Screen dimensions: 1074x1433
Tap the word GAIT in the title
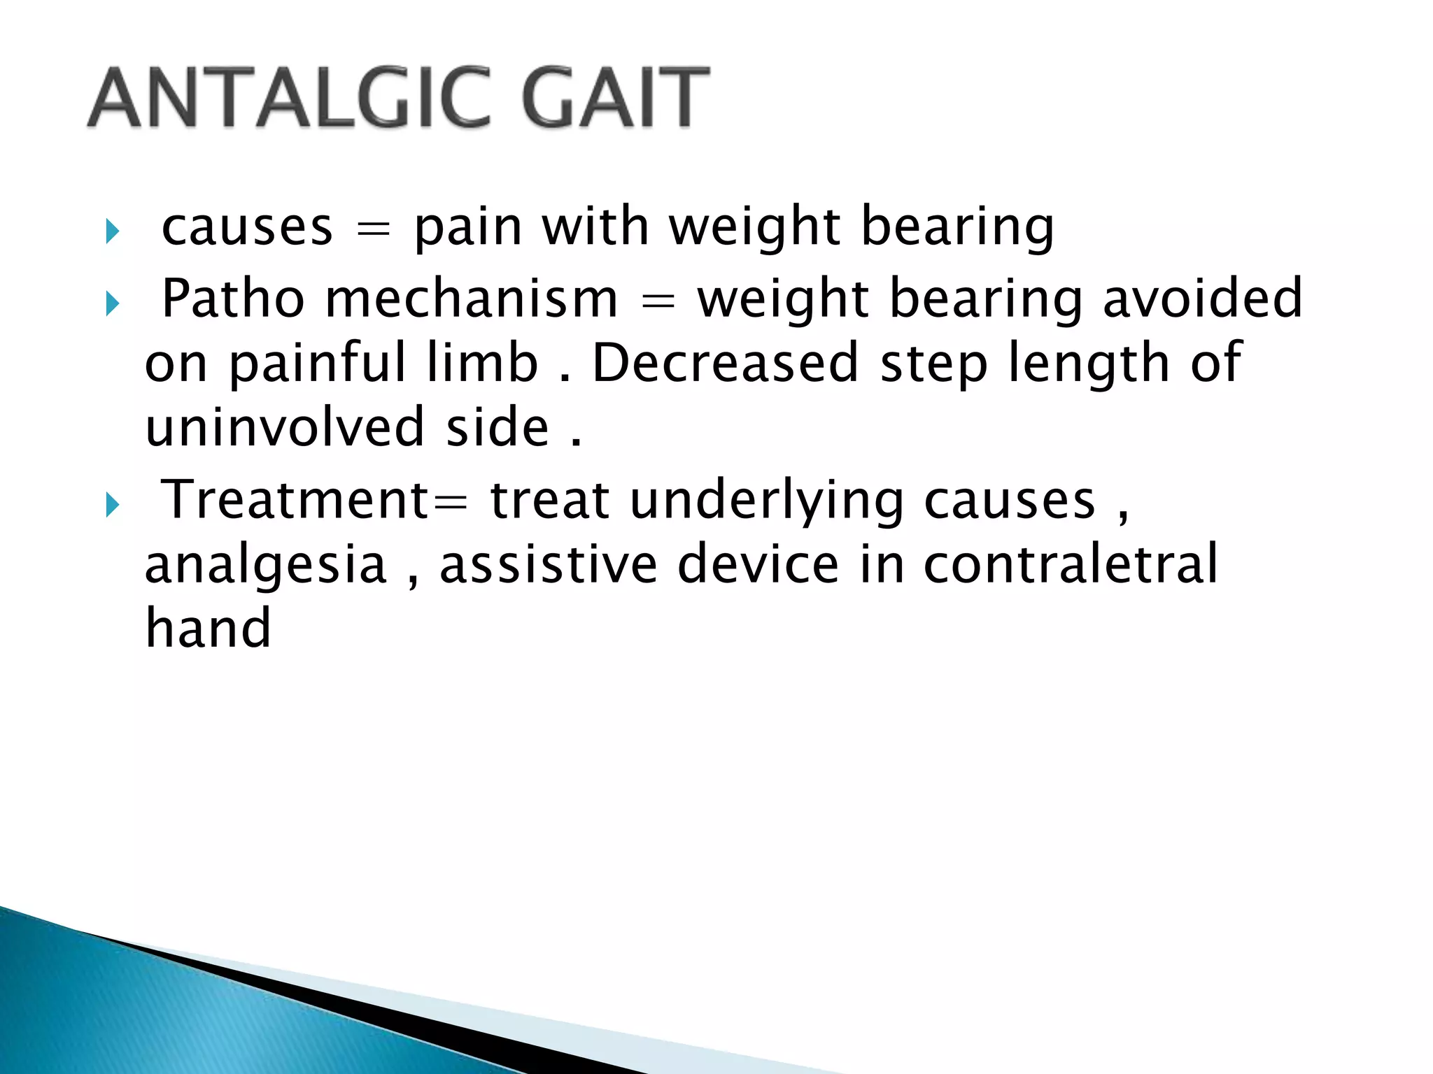[614, 98]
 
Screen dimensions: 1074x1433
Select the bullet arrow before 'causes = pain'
[112, 231]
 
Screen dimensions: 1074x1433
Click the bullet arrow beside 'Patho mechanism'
[112, 303]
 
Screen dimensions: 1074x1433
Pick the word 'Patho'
[233, 299]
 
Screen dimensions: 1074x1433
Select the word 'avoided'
[1203, 299]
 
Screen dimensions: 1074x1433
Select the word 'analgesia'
[266, 566]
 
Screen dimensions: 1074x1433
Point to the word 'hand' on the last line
[208, 628]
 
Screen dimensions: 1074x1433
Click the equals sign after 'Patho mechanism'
[658, 302]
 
